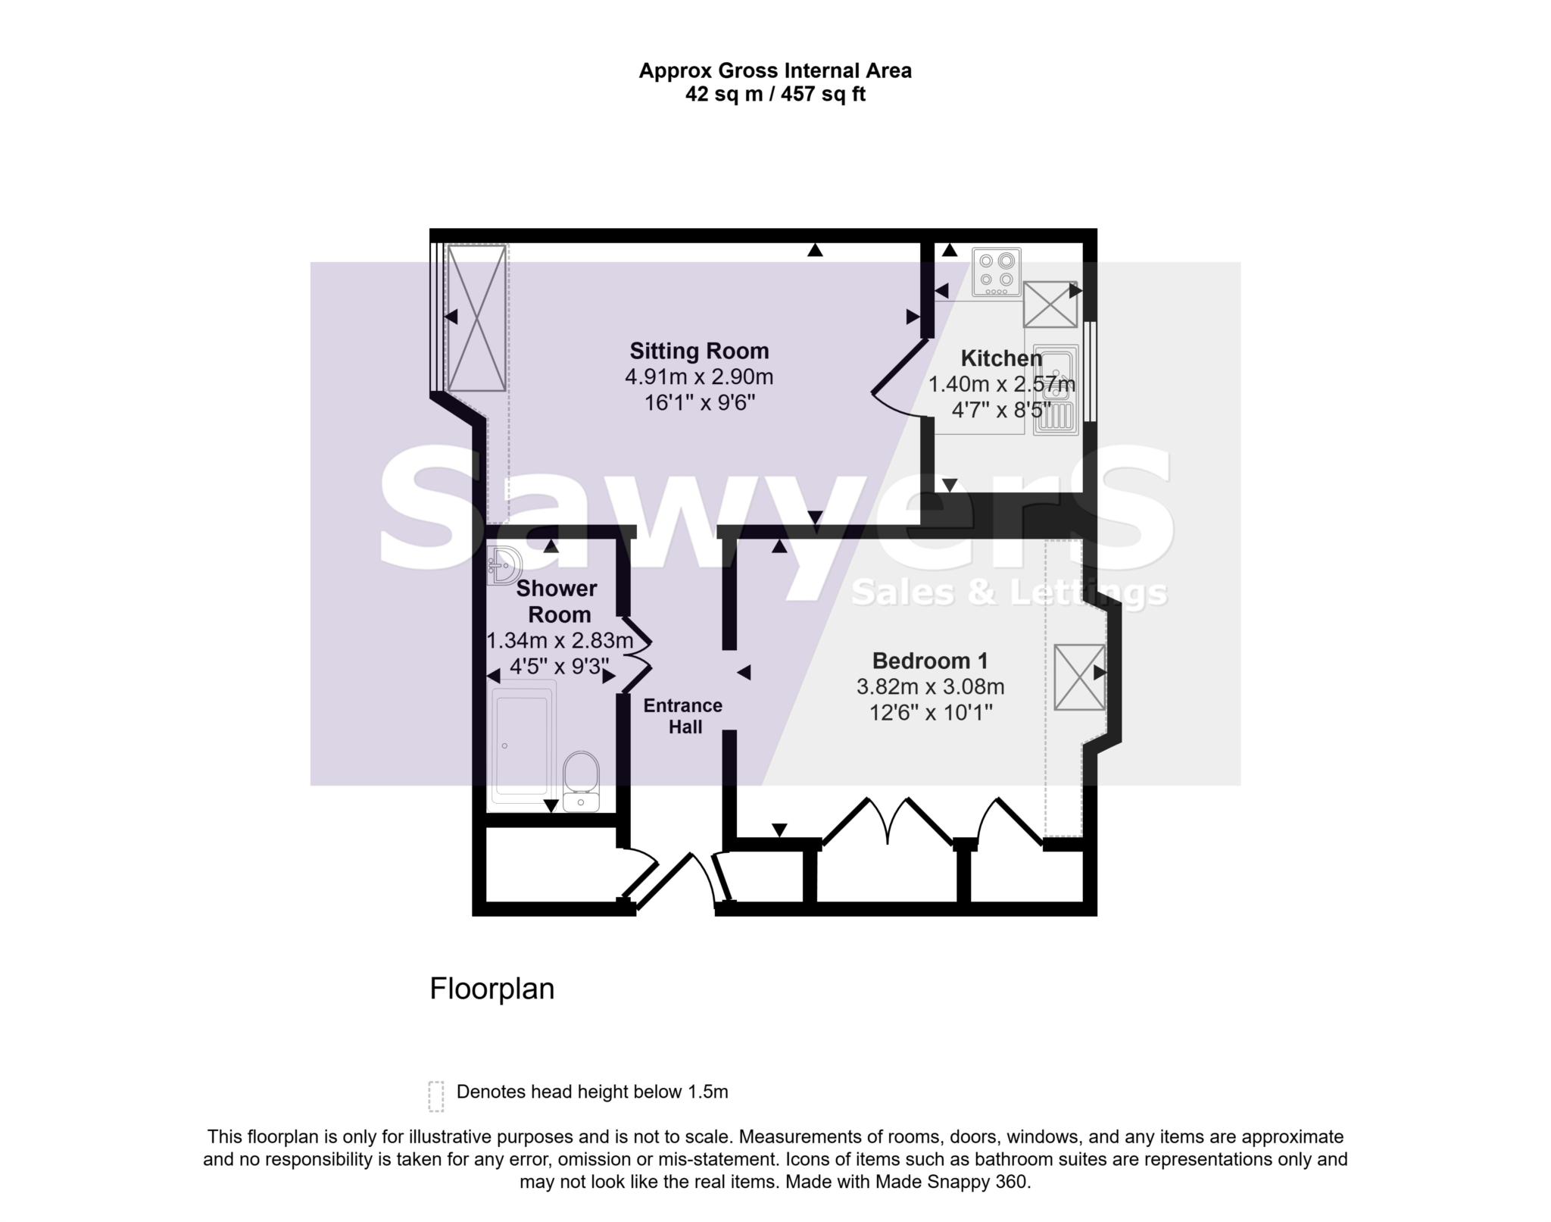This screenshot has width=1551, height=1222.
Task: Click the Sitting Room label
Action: [x=699, y=351]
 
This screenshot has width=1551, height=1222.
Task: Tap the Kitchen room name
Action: [x=1000, y=358]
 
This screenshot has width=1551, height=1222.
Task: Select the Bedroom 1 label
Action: [x=930, y=661]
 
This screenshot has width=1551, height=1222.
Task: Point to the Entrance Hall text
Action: [x=683, y=716]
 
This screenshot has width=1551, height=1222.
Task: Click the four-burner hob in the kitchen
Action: [x=996, y=272]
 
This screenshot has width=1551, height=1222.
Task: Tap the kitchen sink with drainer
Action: [x=1055, y=389]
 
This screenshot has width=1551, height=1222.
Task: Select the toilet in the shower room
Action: [x=582, y=781]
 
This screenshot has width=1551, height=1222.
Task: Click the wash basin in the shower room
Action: [x=503, y=566]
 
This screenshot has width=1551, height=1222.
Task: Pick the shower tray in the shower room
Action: [x=522, y=746]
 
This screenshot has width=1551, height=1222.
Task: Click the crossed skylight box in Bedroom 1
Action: [x=1079, y=677]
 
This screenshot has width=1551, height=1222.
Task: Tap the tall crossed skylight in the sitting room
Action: [x=476, y=317]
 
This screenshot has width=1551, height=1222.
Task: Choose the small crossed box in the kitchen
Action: [x=1050, y=304]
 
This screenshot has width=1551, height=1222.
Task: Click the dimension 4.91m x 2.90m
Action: [x=699, y=377]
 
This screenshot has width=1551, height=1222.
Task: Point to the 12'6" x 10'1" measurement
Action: [x=930, y=713]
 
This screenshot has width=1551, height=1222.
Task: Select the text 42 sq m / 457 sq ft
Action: [x=775, y=95]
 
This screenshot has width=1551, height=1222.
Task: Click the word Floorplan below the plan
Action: [x=492, y=989]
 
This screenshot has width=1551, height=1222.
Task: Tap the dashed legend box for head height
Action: [x=435, y=1095]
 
